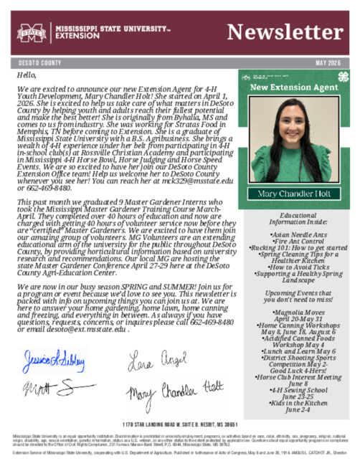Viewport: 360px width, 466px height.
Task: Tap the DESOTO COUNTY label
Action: tap(34, 63)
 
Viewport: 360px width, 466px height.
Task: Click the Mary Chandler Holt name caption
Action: tap(293, 194)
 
